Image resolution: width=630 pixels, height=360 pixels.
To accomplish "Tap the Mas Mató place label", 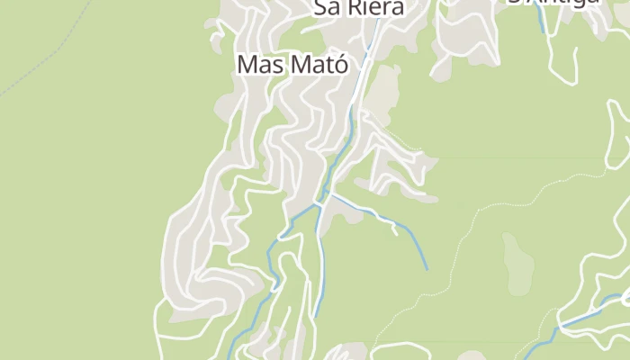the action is (x=292, y=64).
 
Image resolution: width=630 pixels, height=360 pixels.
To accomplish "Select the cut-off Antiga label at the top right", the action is (x=553, y=3).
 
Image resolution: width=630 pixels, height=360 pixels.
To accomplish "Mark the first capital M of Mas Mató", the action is (x=247, y=65).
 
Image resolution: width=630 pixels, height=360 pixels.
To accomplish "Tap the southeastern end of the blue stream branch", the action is (x=427, y=268).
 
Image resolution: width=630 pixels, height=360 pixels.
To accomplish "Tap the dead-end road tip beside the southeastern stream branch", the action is (x=396, y=232).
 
